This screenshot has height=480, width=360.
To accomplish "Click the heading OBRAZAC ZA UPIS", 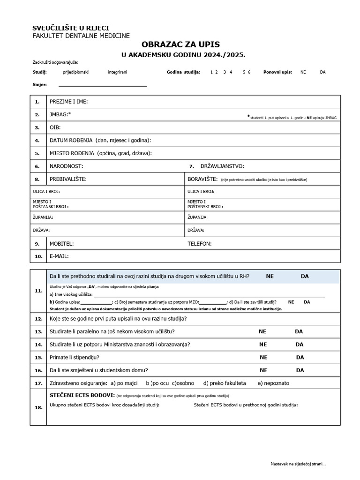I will coord(183,44).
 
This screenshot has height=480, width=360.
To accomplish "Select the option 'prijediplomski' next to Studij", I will coord(75,72).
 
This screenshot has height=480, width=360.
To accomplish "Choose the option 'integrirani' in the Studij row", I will coord(117,72).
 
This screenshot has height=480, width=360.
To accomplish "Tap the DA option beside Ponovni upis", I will coord(322,72).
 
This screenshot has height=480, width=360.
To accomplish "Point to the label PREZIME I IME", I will coord(69,102).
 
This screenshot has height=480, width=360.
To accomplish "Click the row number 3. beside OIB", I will coord(37,127).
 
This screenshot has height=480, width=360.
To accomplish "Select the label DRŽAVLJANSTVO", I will coord(222,166).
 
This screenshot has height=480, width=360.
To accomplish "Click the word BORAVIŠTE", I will coord(202,179).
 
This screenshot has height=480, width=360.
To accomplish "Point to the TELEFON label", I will coord(200,244).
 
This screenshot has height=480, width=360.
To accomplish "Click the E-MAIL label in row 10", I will coord(59,256).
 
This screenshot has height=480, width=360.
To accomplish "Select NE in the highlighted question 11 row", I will coord(270,277).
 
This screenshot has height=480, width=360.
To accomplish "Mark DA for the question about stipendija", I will coord(300,357).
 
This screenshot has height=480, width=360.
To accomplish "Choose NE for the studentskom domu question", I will coord(263,370).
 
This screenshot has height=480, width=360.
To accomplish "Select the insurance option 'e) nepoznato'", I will coord(273,383).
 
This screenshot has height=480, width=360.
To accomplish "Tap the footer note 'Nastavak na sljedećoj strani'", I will coord(298,464).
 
